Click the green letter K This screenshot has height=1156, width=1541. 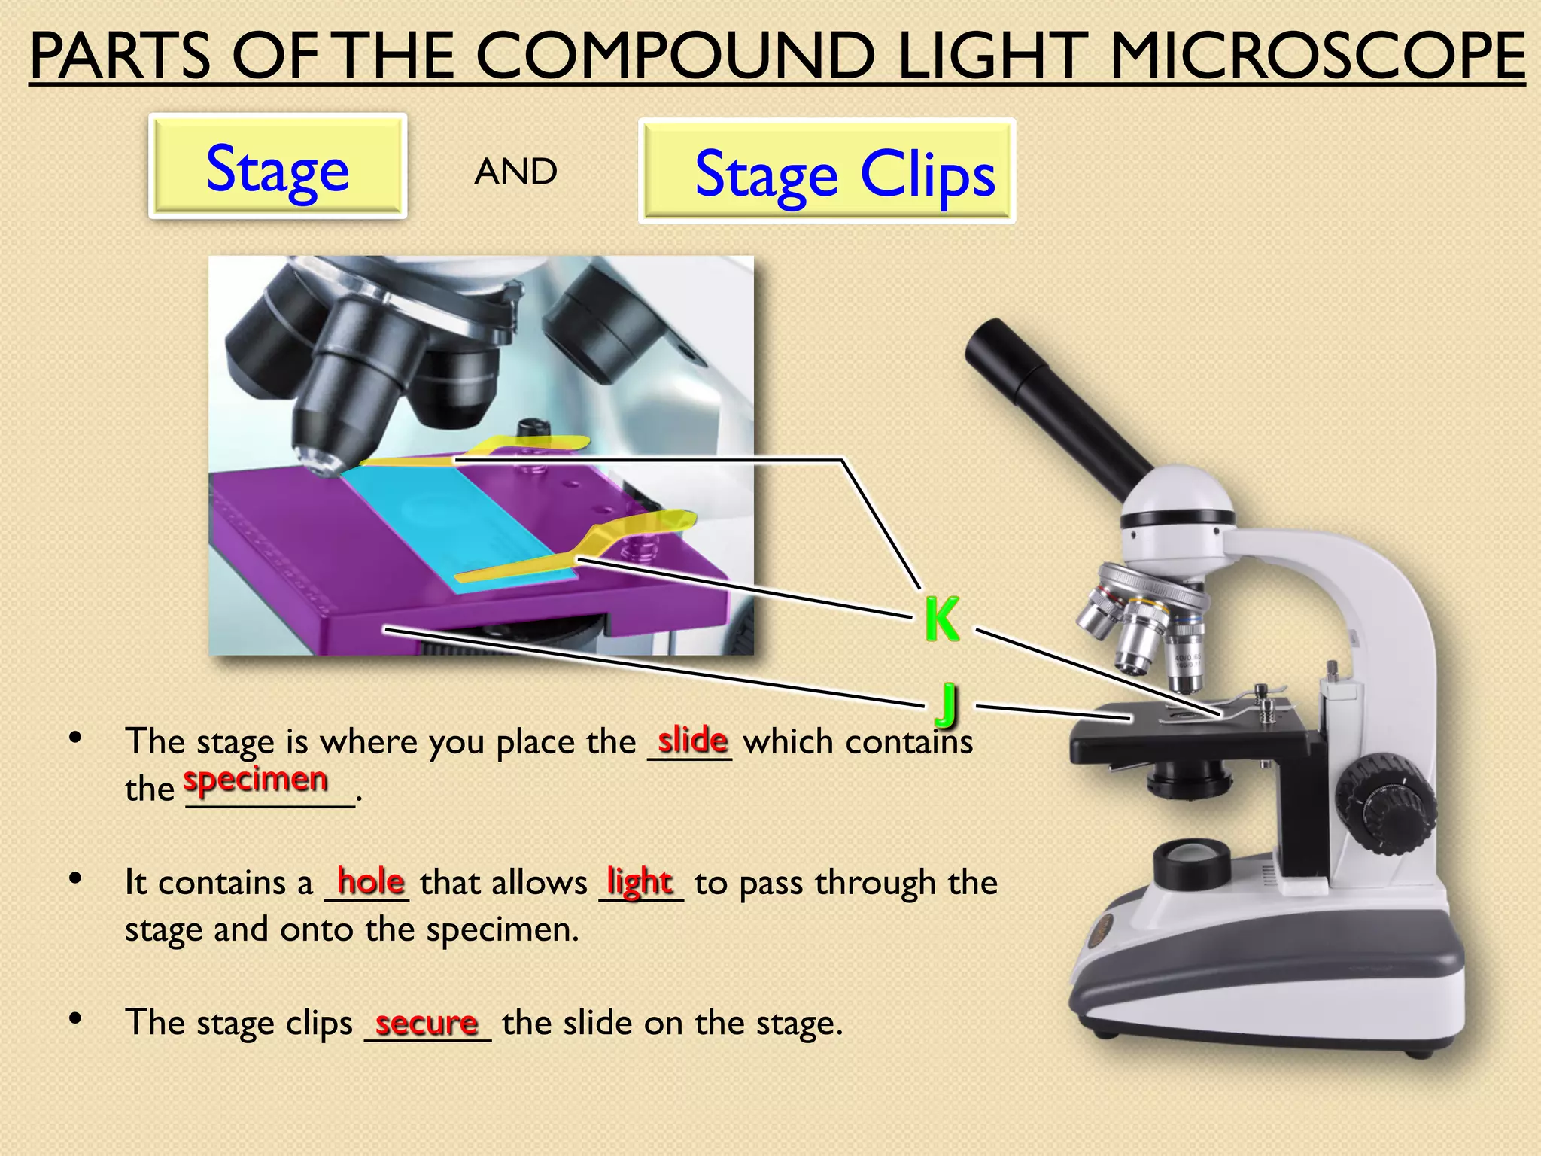pos(942,619)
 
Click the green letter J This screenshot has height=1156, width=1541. pos(948,704)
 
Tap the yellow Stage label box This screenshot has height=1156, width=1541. pos(278,166)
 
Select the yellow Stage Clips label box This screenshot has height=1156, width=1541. pos(827,172)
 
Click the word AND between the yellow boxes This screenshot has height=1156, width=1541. pos(515,172)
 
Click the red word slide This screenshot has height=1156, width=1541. pos(692,741)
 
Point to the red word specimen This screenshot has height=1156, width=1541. pos(256,780)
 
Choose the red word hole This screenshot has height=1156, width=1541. pos(370,881)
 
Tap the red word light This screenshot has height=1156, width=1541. pos(640,881)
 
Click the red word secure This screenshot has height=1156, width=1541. pos(427,1023)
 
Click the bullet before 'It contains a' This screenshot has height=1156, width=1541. pos(74,878)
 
